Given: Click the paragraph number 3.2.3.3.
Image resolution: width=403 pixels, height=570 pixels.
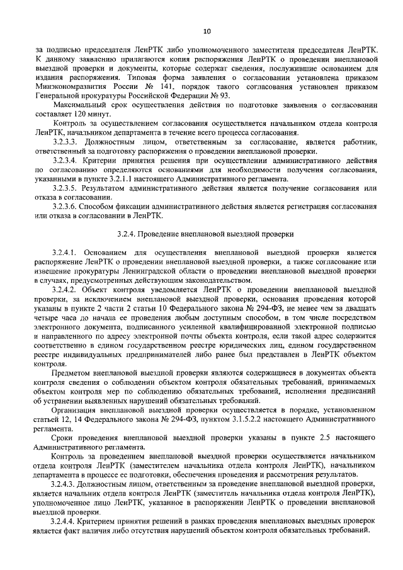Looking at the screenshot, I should click(x=67, y=142).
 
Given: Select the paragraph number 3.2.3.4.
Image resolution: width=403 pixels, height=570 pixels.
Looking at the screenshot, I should click(x=67, y=161).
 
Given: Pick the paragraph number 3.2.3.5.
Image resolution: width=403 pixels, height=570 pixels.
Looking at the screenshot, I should click(x=67, y=188).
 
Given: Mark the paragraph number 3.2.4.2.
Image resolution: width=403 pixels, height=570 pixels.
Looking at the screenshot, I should click(x=67, y=290).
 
